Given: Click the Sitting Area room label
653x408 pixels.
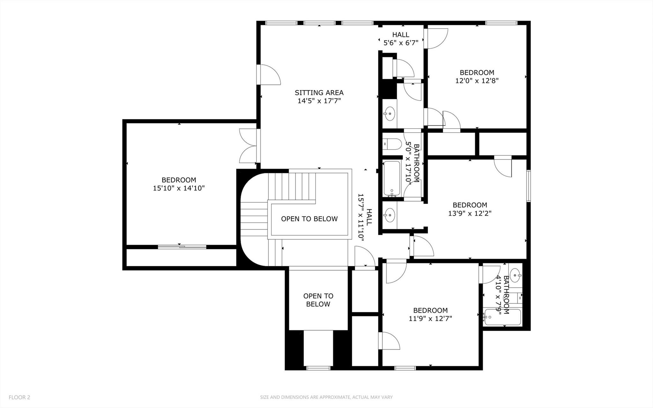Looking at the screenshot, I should [319, 93].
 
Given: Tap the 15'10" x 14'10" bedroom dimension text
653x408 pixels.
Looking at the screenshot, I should [179, 188].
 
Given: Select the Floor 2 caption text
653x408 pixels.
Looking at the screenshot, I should [19, 397].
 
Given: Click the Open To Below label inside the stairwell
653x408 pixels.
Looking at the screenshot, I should [309, 219].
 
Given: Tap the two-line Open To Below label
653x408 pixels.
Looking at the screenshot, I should [318, 300].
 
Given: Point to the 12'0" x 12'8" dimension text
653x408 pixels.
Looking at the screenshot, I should [477, 81].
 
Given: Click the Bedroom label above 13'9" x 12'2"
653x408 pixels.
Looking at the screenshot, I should [470, 205].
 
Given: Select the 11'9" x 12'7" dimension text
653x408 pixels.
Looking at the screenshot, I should [430, 318].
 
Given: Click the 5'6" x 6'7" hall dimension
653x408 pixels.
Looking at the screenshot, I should [401, 43].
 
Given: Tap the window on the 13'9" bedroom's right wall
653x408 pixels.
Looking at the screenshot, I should [528, 186].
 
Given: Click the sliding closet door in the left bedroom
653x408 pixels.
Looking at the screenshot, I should [182, 246].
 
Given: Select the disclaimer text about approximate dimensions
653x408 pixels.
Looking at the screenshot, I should [326, 397].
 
